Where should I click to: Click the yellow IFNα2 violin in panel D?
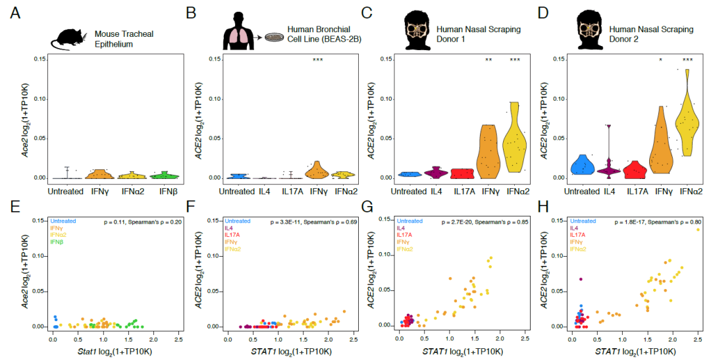tap(687, 122)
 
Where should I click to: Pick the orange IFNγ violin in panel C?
tap(488, 151)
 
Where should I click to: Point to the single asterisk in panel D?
tap(660, 61)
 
